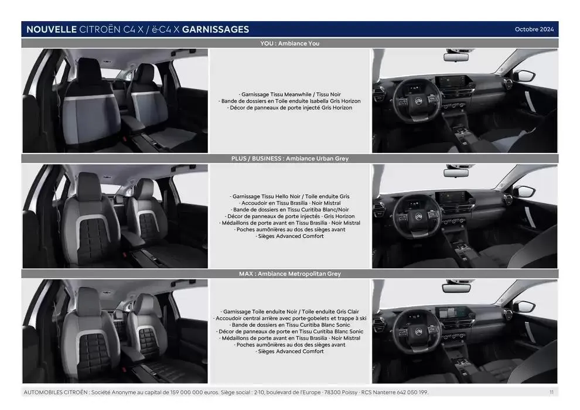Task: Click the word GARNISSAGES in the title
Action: tap(215, 29)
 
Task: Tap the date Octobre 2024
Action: tap(534, 29)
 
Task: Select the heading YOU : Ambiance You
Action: tap(289, 43)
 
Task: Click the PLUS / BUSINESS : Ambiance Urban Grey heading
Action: tap(289, 159)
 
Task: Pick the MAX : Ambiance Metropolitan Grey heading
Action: tap(289, 274)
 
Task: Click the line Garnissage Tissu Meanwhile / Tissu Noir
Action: tap(289, 94)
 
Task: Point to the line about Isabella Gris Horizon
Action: tap(289, 101)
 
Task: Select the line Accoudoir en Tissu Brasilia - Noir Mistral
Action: tap(289, 203)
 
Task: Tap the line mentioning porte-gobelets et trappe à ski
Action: tap(289, 318)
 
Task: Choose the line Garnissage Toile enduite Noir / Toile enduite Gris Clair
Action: tap(289, 312)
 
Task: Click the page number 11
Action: tap(551, 392)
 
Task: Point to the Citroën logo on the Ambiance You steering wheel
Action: tap(419, 101)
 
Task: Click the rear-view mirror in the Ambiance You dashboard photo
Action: tap(456, 57)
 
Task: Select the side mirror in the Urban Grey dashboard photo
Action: tap(524, 192)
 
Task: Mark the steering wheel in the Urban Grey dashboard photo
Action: tap(418, 214)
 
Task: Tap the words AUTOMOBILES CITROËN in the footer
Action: tap(56, 392)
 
